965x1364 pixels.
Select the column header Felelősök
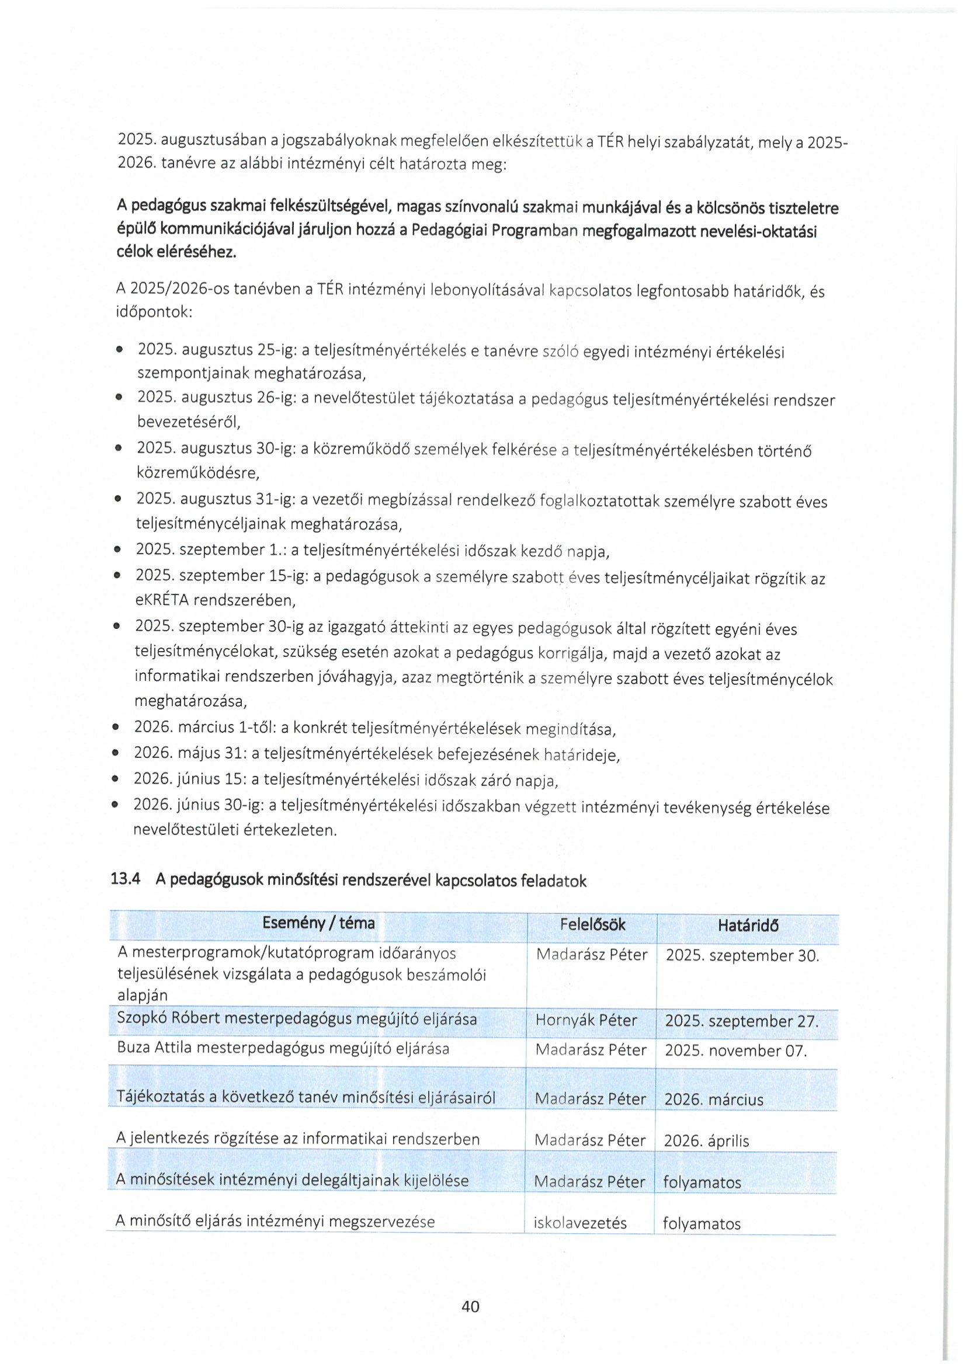tap(592, 925)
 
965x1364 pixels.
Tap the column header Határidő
tap(748, 925)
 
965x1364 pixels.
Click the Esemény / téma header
tap(318, 923)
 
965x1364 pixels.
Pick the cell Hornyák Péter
tap(586, 1020)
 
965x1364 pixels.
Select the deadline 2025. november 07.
tap(735, 1050)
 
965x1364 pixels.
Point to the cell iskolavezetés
tap(580, 1223)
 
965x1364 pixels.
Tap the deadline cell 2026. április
tap(706, 1140)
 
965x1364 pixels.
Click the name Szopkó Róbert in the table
tap(169, 1018)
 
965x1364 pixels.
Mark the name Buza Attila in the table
tap(154, 1048)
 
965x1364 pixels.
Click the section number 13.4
tap(126, 879)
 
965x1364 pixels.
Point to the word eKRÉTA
tap(162, 600)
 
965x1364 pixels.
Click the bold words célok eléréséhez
tap(176, 252)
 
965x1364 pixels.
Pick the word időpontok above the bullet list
tap(152, 312)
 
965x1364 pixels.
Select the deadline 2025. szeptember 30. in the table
tap(742, 956)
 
